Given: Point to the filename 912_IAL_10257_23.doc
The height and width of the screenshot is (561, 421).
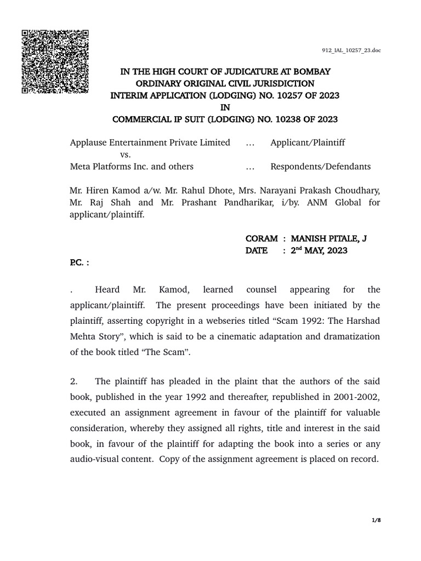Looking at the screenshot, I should (351, 50).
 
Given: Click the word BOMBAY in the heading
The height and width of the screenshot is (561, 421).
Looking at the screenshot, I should (312, 72).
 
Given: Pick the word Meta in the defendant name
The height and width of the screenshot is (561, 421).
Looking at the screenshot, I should (80, 167).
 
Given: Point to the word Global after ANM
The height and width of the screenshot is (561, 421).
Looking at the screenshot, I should (334, 203).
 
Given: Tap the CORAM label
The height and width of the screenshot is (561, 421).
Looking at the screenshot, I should (261, 238).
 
